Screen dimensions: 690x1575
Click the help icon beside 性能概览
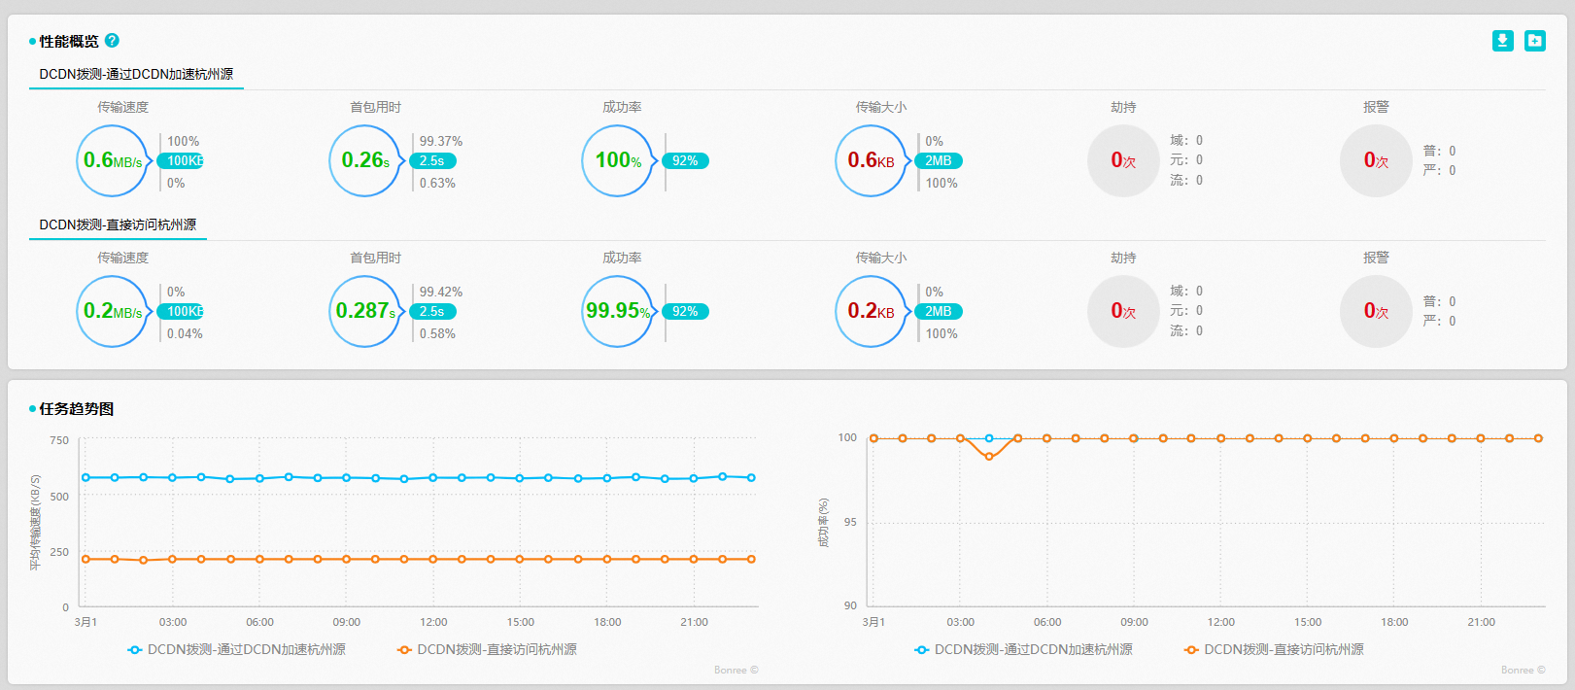point(112,41)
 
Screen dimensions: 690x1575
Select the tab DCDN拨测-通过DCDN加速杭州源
point(136,74)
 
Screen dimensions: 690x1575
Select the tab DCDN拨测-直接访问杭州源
point(118,224)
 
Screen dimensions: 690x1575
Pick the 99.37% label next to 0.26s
point(441,141)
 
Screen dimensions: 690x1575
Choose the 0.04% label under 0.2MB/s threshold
point(185,333)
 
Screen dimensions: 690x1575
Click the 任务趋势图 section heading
point(76,409)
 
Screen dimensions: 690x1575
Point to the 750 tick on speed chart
point(59,440)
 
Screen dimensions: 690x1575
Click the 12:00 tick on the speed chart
point(433,622)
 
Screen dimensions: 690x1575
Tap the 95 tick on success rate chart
point(850,523)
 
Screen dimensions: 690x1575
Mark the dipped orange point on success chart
point(989,456)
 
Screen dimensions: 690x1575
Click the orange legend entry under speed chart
point(487,649)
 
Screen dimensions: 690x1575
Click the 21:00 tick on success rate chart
point(1481,622)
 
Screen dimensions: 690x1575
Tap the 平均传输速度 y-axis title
point(36,523)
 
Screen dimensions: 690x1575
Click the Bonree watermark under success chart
point(1523,670)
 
